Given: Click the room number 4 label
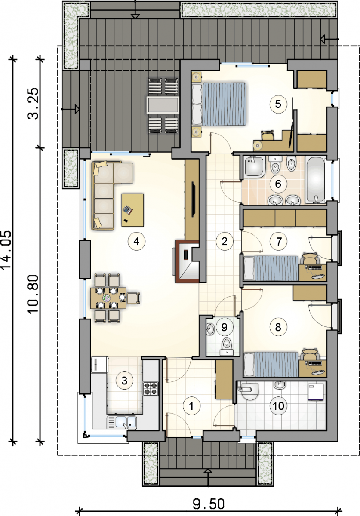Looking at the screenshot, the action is click(x=136, y=241).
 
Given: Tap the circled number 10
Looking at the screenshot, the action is click(x=278, y=406).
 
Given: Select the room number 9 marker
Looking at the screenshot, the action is click(x=224, y=327).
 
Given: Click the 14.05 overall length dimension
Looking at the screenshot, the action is click(x=6, y=250).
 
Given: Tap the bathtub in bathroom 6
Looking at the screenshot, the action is click(x=316, y=180).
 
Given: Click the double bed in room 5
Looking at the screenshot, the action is click(x=219, y=104).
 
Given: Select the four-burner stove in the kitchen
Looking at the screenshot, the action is click(x=151, y=389).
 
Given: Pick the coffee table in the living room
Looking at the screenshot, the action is click(x=132, y=210).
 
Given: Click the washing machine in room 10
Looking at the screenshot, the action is click(x=316, y=392).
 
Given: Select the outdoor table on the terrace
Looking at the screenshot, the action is click(x=163, y=105).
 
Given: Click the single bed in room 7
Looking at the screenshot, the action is click(x=271, y=268).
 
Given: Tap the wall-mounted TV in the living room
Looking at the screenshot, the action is click(x=194, y=199).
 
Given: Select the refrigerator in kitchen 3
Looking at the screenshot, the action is click(x=99, y=365).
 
